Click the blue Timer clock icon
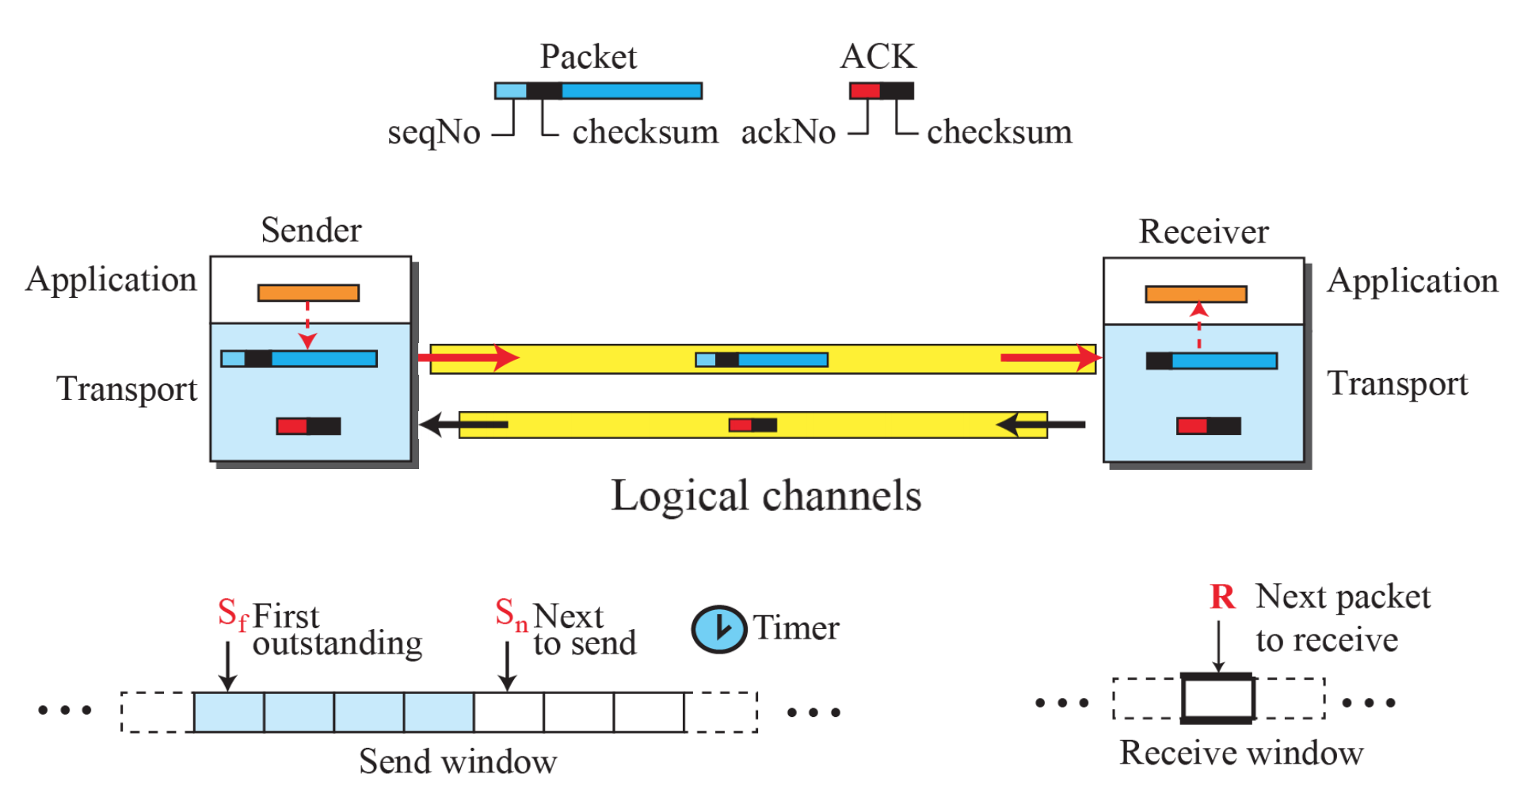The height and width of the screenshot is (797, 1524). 718,629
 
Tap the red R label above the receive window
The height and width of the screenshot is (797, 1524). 1222,597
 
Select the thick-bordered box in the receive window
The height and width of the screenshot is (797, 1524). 1217,699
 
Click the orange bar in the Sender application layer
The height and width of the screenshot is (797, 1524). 308,293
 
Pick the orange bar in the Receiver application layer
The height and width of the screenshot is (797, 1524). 1196,295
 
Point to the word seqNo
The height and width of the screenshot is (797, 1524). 433,132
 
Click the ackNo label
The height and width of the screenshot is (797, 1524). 788,132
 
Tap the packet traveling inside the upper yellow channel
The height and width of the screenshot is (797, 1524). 761,360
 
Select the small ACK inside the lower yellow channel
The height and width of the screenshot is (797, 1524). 752,425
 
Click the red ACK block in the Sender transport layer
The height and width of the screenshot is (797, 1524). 292,426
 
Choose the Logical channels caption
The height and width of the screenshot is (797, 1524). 766,497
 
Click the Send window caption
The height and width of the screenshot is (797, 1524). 458,762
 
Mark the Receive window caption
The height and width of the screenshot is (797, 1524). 1241,753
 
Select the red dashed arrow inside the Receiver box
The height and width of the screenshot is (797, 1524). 1199,326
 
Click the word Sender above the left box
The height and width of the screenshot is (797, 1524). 311,231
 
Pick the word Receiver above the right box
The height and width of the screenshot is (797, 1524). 1203,232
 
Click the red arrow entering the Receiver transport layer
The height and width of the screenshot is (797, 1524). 1050,358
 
